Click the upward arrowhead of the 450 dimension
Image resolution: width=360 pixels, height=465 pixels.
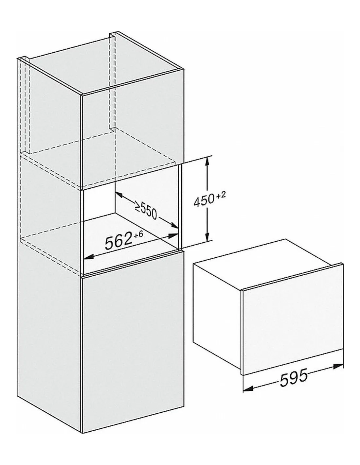[x=207, y=161]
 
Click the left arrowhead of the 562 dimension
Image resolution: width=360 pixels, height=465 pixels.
[x=88, y=257]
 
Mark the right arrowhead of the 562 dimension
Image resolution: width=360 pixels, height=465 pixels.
[x=173, y=235]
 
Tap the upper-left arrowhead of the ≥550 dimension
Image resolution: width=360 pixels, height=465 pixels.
[x=119, y=195]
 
